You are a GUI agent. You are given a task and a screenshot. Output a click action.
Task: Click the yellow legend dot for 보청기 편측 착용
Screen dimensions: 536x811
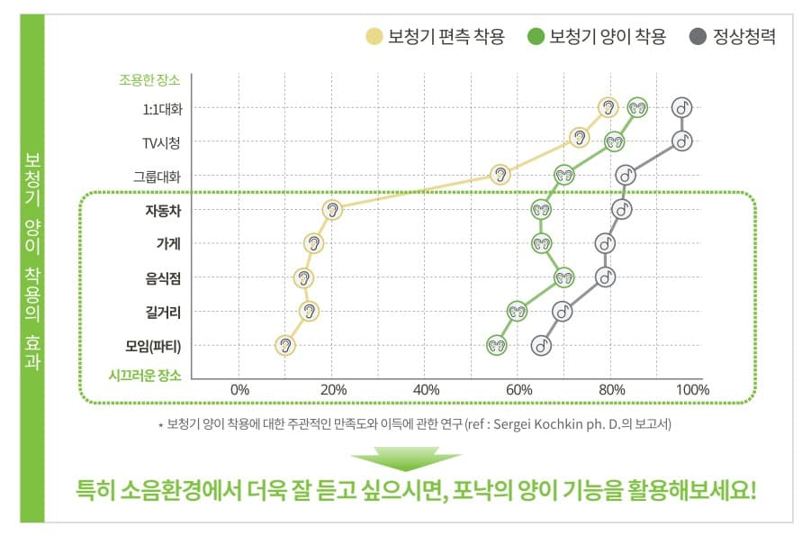coord(374,37)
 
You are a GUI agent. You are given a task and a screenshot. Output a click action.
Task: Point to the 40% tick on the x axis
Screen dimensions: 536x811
coord(426,390)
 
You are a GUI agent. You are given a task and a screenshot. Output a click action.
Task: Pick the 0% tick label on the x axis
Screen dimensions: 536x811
coord(239,390)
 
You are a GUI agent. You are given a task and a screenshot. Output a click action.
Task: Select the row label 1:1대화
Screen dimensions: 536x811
coord(162,109)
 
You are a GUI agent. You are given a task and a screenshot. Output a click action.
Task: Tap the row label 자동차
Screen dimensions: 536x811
coord(163,211)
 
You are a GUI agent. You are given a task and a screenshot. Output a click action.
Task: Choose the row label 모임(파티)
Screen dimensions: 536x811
coord(154,346)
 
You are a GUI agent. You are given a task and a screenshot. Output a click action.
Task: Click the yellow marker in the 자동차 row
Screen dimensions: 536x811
coord(333,210)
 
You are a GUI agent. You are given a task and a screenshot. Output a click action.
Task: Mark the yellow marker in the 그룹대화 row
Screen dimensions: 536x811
coord(500,175)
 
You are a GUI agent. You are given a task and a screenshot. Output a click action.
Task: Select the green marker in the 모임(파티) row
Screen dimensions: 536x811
coord(497,345)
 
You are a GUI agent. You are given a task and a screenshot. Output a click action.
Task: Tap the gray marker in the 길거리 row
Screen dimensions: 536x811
coord(563,312)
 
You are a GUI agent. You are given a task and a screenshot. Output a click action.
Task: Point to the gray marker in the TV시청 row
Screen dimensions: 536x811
coord(682,141)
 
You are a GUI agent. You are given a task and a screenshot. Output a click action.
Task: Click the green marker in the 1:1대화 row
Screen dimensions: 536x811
coord(637,107)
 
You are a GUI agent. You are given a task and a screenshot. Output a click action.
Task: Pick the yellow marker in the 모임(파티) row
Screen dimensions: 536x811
coord(285,345)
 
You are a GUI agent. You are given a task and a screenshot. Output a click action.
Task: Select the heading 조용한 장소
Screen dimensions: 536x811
coord(149,79)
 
